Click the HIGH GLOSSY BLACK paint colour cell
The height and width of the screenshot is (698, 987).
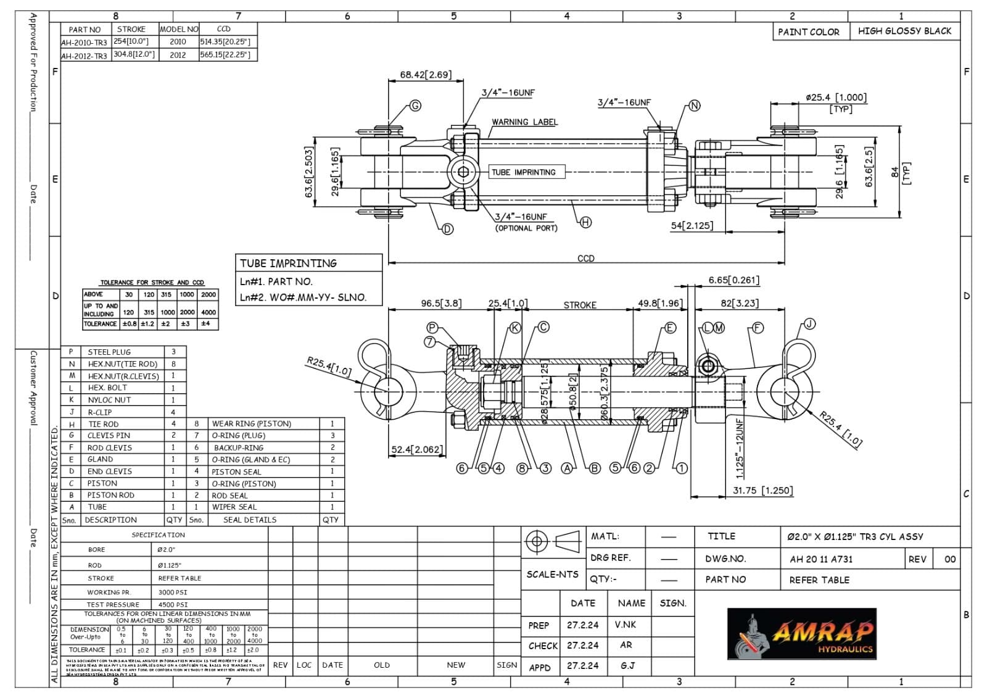(904, 31)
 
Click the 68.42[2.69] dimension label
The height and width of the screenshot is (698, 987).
(426, 75)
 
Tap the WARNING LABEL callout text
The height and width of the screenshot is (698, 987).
(524, 122)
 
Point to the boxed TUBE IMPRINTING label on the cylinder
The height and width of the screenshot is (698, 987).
(523, 172)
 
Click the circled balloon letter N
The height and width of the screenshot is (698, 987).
(695, 106)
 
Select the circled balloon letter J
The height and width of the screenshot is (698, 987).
(809, 324)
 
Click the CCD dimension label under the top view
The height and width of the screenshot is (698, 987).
(585, 258)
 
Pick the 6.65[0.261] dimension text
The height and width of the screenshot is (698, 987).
(733, 280)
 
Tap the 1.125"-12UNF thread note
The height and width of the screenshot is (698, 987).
(740, 449)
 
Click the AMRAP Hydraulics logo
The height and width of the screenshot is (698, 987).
(801, 633)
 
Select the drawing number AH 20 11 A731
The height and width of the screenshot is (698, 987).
(821, 559)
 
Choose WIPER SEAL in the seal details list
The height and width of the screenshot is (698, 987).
(234, 507)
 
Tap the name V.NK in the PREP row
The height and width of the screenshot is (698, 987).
(625, 625)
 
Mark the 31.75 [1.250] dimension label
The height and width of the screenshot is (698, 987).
(762, 491)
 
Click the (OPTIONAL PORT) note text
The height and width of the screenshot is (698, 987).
(526, 228)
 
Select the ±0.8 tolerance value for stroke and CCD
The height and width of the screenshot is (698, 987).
(130, 323)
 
